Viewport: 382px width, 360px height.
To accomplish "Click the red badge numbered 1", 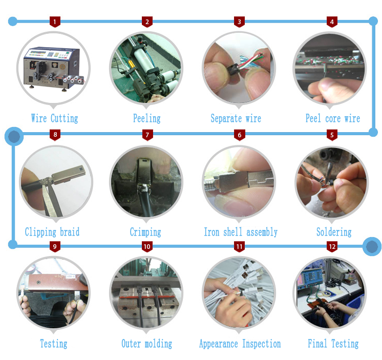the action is point(55,22).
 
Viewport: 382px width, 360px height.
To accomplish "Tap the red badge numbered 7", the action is point(147,135).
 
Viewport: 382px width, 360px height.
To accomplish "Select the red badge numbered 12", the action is point(332,246).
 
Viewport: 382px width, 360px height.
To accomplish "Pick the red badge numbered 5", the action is point(332,135).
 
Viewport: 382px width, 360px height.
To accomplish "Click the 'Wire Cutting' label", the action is point(55,118).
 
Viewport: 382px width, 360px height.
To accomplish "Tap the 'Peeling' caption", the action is point(147,118).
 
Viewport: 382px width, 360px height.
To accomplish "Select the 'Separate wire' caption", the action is point(236,118).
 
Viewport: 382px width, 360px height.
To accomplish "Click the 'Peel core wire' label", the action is point(333,118).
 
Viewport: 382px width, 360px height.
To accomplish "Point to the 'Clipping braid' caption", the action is point(52,232).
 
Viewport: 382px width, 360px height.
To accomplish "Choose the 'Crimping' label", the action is point(145,232).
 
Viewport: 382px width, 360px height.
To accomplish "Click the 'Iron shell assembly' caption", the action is point(241,232).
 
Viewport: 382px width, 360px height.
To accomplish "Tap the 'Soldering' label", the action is point(334,232).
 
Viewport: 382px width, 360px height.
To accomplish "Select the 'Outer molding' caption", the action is point(146,344).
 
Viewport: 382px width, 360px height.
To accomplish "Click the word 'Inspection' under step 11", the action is point(261,344).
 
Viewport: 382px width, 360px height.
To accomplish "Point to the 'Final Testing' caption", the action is point(333,344).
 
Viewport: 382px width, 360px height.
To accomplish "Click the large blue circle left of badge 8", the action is point(14,136).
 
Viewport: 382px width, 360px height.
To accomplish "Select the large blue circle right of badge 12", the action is point(372,246).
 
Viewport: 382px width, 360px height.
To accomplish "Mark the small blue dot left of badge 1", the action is point(13,22).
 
